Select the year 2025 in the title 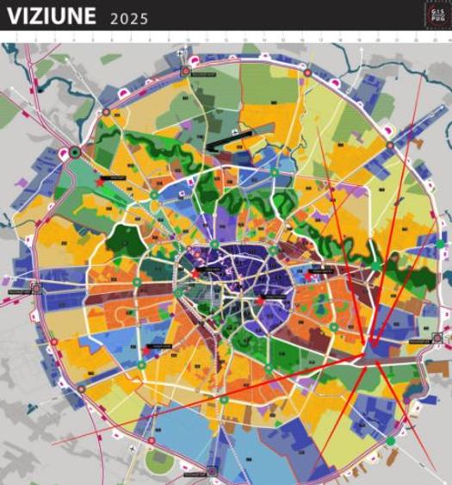130,18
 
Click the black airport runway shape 228,135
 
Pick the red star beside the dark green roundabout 100,182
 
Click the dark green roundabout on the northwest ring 76,152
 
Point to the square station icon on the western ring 35,289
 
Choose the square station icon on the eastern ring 437,337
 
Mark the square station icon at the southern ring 212,470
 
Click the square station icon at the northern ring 186,71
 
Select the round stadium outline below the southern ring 159,462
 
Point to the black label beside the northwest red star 116,177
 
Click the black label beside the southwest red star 162,346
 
